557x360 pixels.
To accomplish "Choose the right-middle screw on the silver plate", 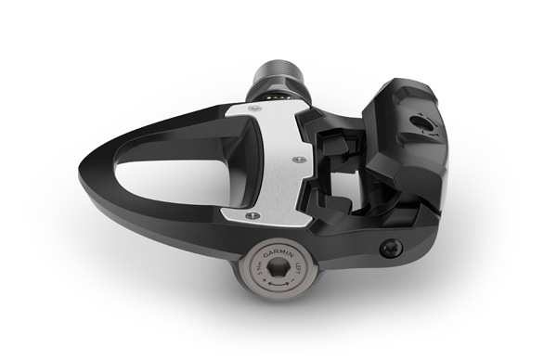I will pos(296,160).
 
